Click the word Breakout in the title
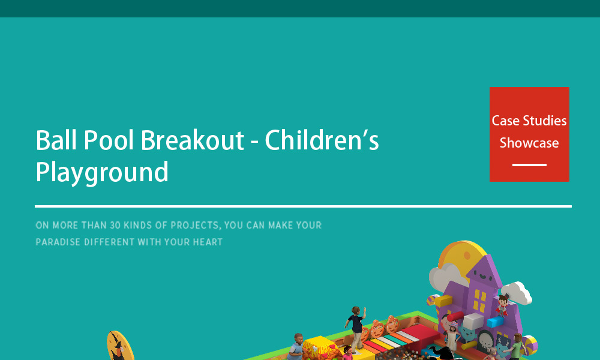click(x=193, y=140)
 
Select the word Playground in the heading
click(x=102, y=173)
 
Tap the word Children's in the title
click(x=322, y=140)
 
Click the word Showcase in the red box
click(x=529, y=143)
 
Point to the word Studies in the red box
click(x=545, y=121)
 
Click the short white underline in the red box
click(x=529, y=165)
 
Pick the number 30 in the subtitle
click(x=115, y=226)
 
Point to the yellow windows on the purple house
click(x=479, y=301)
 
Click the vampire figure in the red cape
click(x=502, y=305)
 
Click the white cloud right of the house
click(x=517, y=293)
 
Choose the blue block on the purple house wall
click(x=495, y=322)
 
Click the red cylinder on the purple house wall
click(x=455, y=317)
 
